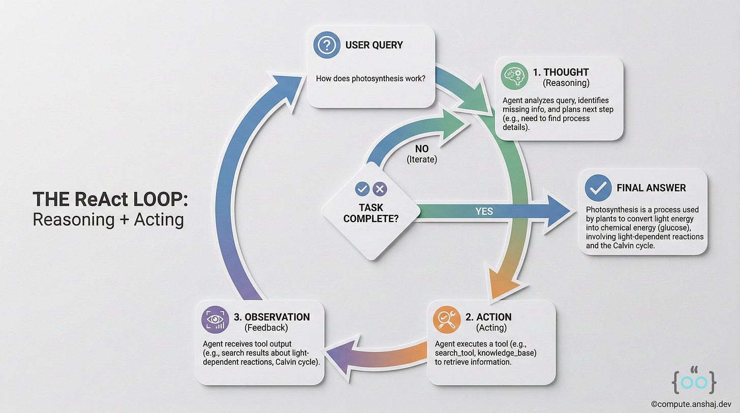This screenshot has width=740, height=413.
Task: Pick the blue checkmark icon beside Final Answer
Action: (598, 188)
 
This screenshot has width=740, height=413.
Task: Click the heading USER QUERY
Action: (374, 45)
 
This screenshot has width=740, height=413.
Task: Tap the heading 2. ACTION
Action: (488, 317)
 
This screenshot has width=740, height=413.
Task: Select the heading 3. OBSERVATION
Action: (271, 317)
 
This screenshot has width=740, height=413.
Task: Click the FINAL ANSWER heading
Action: (651, 188)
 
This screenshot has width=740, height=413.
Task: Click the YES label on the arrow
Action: (484, 211)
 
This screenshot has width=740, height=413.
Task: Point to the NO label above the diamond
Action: (422, 149)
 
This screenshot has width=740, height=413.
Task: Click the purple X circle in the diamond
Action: (380, 189)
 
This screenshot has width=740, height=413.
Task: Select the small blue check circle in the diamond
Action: (362, 189)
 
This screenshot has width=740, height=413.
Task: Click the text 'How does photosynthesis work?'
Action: (371, 79)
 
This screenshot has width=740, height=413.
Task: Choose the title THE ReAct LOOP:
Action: (110, 199)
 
